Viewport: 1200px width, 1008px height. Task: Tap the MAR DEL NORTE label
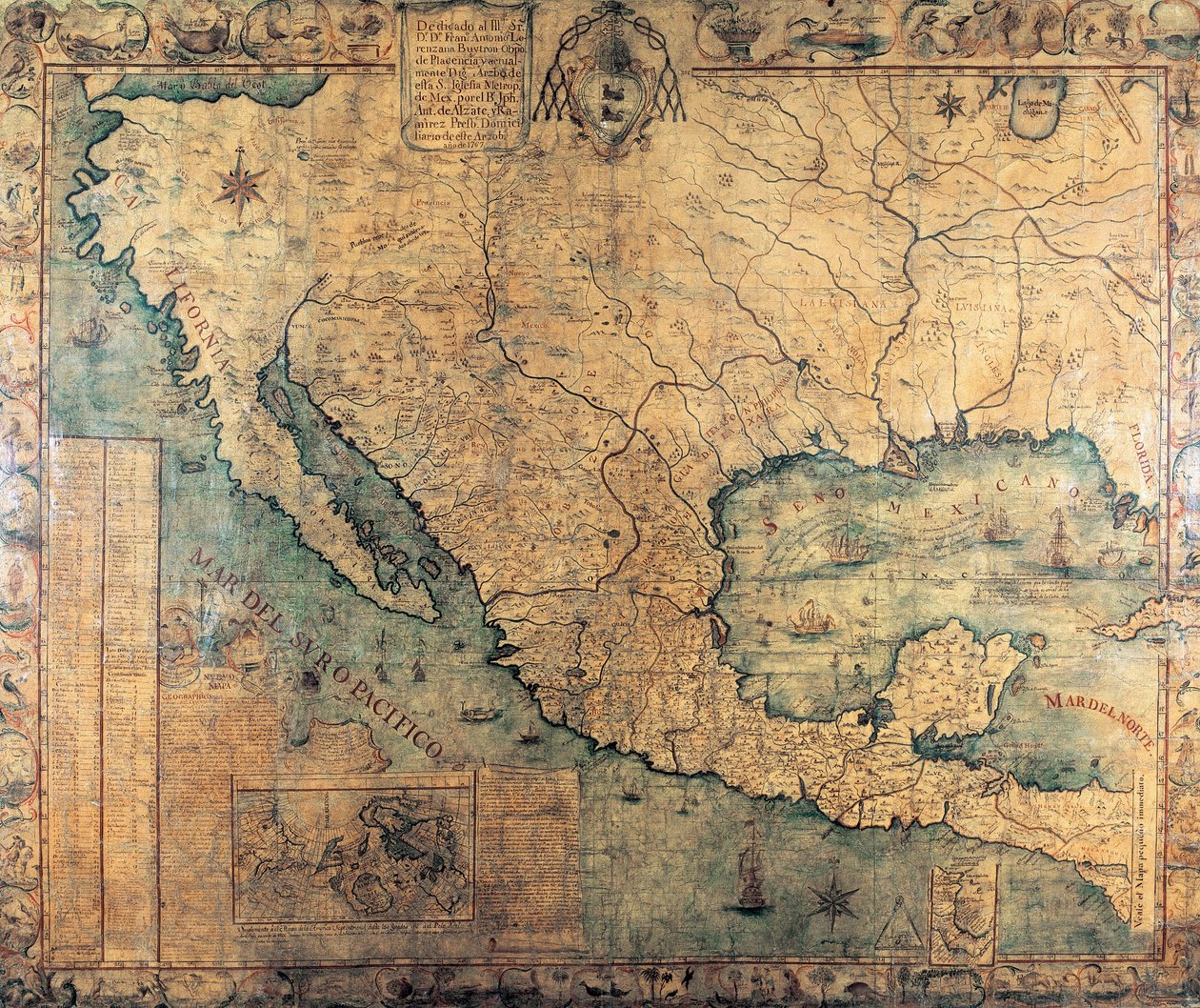click(1099, 721)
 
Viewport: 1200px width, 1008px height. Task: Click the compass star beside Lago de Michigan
click(950, 104)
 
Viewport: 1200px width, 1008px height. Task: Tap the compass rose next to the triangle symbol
click(834, 900)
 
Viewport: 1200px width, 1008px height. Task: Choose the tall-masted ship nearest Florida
click(1059, 537)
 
